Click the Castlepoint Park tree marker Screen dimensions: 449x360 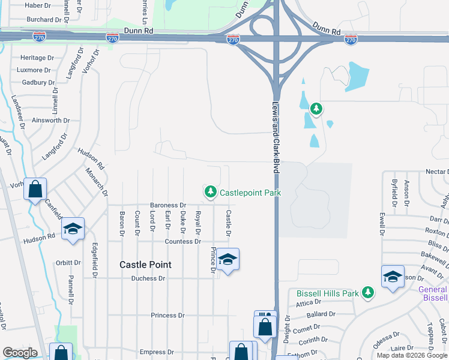pyautogui.click(x=210, y=192)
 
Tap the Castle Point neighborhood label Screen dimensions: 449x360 pyautogui.click(x=145, y=265)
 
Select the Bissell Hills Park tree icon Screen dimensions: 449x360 pyautogui.click(x=367, y=293)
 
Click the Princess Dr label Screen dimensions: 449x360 pyautogui.click(x=167, y=315)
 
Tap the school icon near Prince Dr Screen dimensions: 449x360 pyautogui.click(x=228, y=259)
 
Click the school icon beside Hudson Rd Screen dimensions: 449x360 pyautogui.click(x=73, y=229)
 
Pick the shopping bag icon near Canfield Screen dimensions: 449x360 pyautogui.click(x=35, y=189)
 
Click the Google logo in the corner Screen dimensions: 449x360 pyautogui.click(x=20, y=353)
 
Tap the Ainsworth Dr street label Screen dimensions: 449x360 pyautogui.click(x=51, y=121)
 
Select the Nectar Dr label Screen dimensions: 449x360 pyautogui.click(x=436, y=172)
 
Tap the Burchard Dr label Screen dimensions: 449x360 pyautogui.click(x=49, y=19)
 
